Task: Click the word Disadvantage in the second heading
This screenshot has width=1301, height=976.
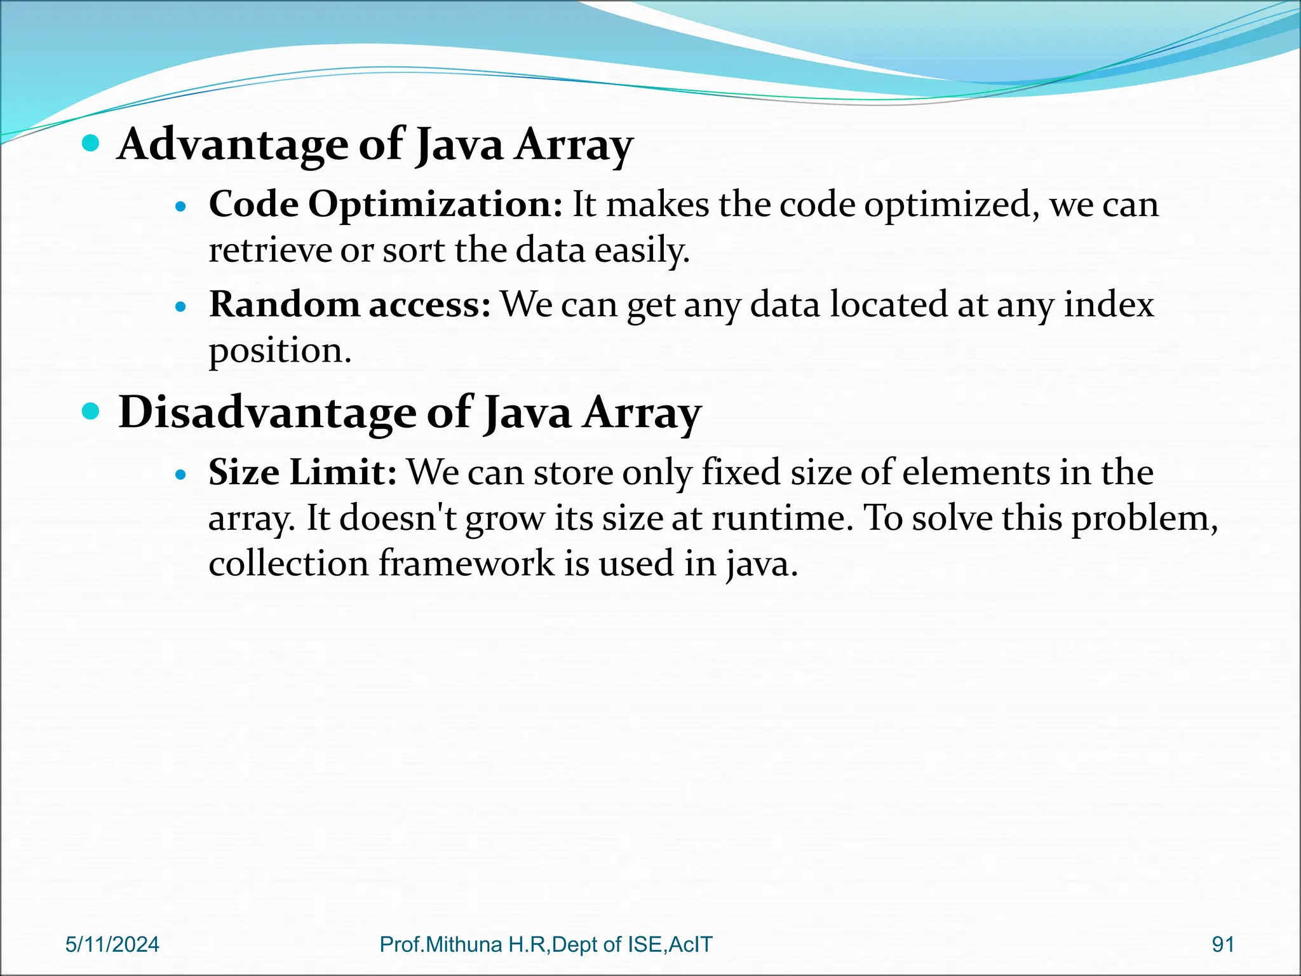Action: pyautogui.click(x=267, y=413)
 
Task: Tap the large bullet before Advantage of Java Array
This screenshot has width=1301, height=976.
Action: pyautogui.click(x=91, y=143)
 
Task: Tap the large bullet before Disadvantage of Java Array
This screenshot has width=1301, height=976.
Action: pyautogui.click(x=91, y=412)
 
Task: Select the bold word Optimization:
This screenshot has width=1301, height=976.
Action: pyautogui.click(x=435, y=205)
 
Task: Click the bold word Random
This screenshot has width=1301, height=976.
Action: pyautogui.click(x=285, y=304)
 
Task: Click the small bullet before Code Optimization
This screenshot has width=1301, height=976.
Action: pyautogui.click(x=182, y=207)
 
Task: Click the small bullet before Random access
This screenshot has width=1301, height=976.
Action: pyautogui.click(x=182, y=307)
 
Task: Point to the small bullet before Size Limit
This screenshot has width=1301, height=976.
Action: pyautogui.click(x=182, y=475)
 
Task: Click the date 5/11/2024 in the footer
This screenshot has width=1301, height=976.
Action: pyautogui.click(x=112, y=945)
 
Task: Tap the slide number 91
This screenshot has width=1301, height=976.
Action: pyautogui.click(x=1223, y=945)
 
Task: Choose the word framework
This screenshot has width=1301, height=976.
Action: pyautogui.click(x=466, y=564)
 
